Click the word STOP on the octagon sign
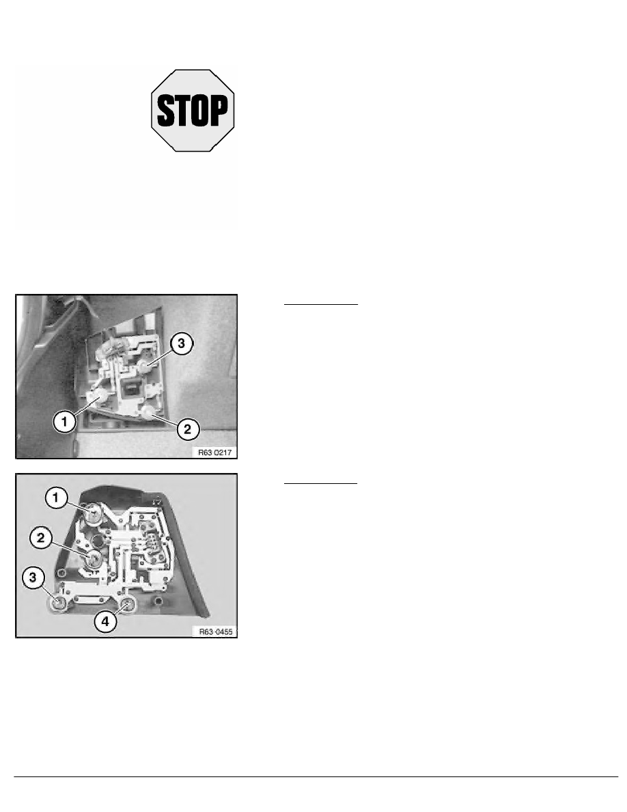pyautogui.click(x=193, y=109)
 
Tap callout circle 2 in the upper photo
pyautogui.click(x=189, y=429)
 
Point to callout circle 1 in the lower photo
pyautogui.click(x=55, y=498)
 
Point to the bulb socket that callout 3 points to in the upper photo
pyautogui.click(x=145, y=367)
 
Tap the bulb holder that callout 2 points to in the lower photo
pyautogui.click(x=93, y=558)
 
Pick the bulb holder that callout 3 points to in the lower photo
pyautogui.click(x=58, y=602)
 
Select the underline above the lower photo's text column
pyautogui.click(x=320, y=483)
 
